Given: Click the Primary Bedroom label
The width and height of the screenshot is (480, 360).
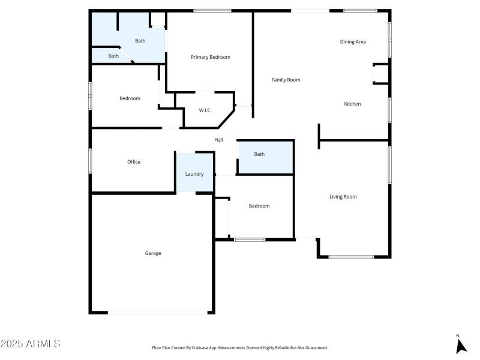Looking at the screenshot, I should [x=210, y=57].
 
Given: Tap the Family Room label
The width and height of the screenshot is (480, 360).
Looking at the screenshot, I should [x=286, y=80].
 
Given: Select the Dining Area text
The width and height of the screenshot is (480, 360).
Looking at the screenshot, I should [x=353, y=41].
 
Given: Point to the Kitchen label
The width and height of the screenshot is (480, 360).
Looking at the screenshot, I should [x=352, y=104].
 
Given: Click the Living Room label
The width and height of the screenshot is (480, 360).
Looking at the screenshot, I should [x=343, y=196].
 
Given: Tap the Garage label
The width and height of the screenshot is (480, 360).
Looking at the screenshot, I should [x=153, y=253].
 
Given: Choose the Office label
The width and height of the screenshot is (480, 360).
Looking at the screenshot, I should [x=134, y=161].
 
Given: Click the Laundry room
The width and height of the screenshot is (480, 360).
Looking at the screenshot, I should [x=194, y=173].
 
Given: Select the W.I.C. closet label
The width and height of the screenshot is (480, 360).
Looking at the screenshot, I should [x=205, y=110].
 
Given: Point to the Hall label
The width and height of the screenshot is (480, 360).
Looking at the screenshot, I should [x=219, y=140].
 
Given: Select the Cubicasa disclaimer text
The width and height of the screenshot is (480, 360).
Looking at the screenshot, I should [x=239, y=347].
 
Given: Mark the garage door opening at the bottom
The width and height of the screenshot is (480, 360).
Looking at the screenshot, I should [x=158, y=312].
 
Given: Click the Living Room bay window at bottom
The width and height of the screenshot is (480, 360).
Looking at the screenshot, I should [x=351, y=257].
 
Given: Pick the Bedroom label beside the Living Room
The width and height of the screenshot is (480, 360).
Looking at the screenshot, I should [x=259, y=206].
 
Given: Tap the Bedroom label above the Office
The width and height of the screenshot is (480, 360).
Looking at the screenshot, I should [x=130, y=98].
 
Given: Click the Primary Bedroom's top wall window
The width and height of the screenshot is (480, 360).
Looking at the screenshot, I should [x=212, y=10].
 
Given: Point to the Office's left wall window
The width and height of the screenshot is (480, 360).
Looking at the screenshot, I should [x=91, y=161].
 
